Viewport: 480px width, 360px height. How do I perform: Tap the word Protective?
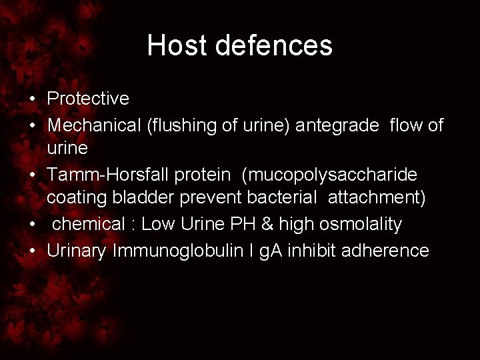(x=88, y=99)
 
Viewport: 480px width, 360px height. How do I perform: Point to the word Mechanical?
(x=95, y=125)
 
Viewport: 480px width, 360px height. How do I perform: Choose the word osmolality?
(x=364, y=225)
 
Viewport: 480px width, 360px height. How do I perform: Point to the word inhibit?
(x=327, y=251)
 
